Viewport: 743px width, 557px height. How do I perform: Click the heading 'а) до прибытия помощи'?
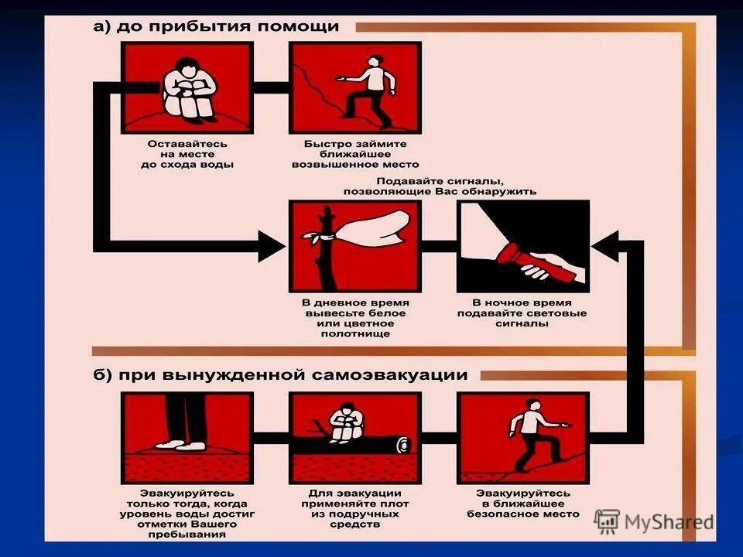[216, 26]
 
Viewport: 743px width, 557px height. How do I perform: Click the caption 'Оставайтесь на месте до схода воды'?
[188, 154]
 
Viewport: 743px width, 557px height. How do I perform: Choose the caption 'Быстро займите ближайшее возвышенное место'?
[355, 154]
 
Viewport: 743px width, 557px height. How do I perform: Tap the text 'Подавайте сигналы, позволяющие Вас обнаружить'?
[440, 186]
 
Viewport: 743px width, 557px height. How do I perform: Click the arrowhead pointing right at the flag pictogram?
[271, 247]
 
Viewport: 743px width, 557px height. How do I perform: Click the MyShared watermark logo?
[655, 521]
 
